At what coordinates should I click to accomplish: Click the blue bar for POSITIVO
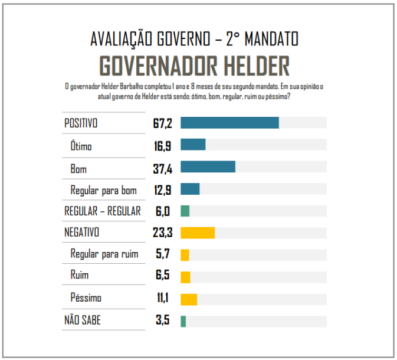pos(229,123)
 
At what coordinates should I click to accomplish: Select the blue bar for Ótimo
pos(193,145)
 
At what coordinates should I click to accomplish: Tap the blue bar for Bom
pos(208,166)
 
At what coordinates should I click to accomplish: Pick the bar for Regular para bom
pos(190,189)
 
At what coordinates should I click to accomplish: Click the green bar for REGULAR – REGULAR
pos(185,211)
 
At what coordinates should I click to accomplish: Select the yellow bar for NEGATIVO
pos(198,233)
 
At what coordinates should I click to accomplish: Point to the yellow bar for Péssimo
pos(189,299)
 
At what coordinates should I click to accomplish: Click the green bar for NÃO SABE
pos(183,321)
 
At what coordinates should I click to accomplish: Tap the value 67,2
pos(162,123)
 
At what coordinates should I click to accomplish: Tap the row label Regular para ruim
pos(104,254)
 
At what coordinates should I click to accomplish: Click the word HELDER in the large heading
pos(250,66)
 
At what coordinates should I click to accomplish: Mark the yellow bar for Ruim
pos(185,277)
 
